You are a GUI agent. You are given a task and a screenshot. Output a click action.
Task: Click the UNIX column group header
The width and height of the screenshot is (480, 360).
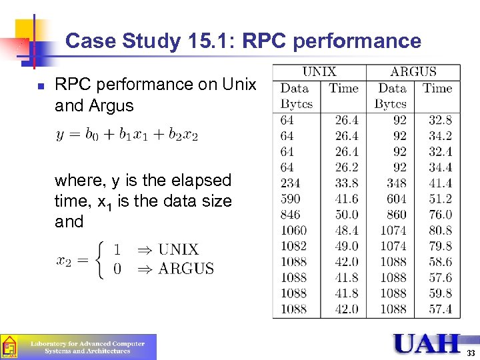click(x=319, y=72)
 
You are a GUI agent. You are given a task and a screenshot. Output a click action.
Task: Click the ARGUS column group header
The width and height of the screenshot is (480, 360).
click(x=413, y=72)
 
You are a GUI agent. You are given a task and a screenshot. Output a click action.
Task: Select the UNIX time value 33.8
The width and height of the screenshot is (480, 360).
click(x=346, y=183)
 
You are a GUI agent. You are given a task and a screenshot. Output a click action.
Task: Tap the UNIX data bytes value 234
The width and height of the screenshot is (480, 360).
click(x=290, y=183)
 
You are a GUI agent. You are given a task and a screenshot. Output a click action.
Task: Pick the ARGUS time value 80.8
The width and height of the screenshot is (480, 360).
click(x=439, y=230)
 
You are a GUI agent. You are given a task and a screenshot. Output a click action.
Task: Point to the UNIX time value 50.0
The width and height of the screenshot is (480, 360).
click(x=346, y=215)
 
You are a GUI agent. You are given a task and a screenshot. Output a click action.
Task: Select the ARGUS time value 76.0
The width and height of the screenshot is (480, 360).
click(x=439, y=215)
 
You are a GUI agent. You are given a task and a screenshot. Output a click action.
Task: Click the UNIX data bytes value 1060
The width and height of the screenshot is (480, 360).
click(x=293, y=230)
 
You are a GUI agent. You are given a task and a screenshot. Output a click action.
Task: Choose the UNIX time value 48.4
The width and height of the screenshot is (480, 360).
click(x=346, y=230)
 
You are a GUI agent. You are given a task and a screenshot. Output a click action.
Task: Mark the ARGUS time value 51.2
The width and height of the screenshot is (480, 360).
click(x=439, y=199)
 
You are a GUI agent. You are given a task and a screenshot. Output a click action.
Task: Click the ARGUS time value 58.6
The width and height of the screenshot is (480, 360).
click(x=439, y=262)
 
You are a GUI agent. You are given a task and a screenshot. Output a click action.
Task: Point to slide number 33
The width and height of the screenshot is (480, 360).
click(x=471, y=353)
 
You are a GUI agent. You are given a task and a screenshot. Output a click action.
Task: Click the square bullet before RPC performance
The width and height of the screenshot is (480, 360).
click(x=40, y=86)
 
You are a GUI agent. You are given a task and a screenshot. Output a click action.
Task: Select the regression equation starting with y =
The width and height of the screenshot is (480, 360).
click(x=127, y=135)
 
